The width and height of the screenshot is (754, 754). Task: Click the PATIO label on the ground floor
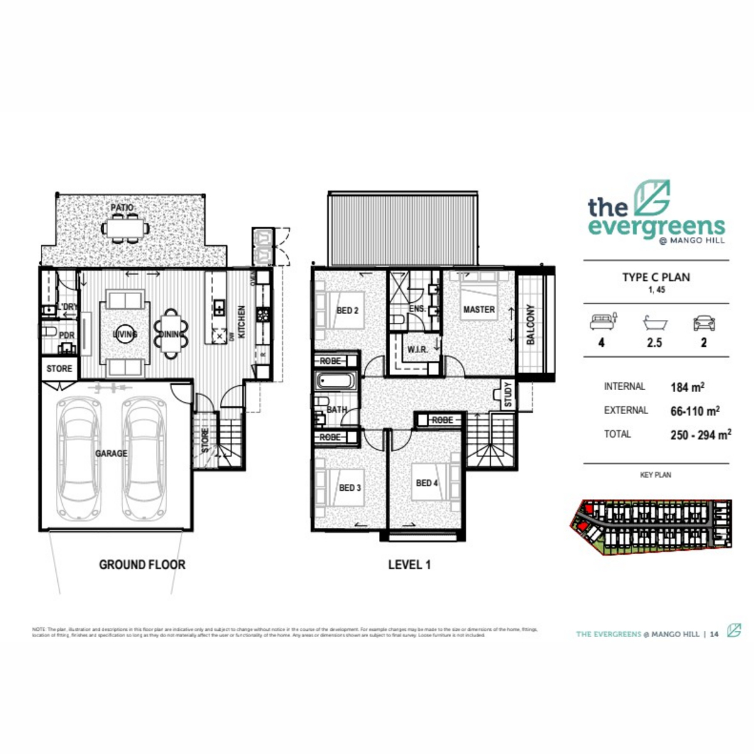[x=122, y=207]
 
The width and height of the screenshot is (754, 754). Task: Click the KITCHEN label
[x=242, y=322]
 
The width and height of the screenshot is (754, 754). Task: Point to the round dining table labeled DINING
[x=170, y=334]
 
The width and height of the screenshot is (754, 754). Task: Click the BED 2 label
[x=347, y=310]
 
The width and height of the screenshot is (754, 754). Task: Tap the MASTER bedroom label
[x=479, y=309]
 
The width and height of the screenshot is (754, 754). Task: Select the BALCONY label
[x=530, y=324]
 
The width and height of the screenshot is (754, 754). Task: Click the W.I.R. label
[x=417, y=349]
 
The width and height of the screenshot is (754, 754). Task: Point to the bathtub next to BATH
[x=336, y=381]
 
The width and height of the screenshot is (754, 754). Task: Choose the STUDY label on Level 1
[x=508, y=395]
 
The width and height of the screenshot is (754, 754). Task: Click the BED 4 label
[x=427, y=483]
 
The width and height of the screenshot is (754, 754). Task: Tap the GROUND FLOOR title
[x=142, y=565]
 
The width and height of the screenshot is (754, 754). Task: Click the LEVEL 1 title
[x=409, y=565]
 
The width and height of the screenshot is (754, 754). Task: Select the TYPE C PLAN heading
[x=656, y=277]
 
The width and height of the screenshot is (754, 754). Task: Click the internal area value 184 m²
[x=687, y=387]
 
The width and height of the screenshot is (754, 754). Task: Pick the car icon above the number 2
[x=703, y=323]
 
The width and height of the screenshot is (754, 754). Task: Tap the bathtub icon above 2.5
[x=654, y=323]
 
